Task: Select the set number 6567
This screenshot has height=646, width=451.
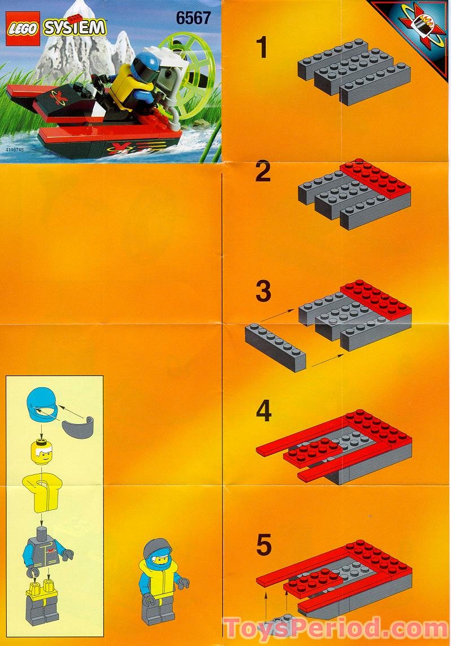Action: [x=192, y=18]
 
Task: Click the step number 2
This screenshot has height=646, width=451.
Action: [x=262, y=172]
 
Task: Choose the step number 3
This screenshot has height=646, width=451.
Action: [x=263, y=293]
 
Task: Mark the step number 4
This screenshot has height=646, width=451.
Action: [x=264, y=412]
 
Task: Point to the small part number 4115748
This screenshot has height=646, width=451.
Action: [x=16, y=150]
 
